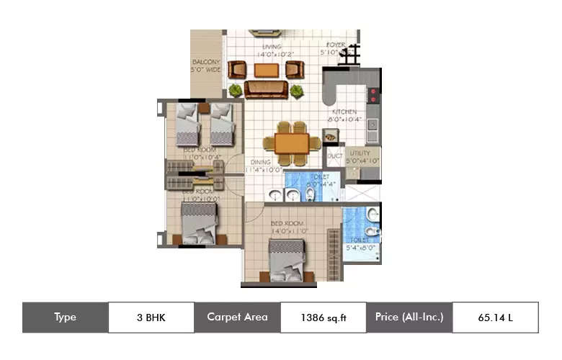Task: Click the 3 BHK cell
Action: pyautogui.click(x=151, y=318)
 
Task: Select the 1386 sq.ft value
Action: pyautogui.click(x=323, y=318)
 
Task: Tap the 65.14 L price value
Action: pyautogui.click(x=494, y=318)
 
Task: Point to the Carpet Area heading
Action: pyautogui.click(x=237, y=318)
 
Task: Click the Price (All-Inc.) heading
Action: pyautogui.click(x=409, y=318)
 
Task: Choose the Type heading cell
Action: pyautogui.click(x=65, y=318)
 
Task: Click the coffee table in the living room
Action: pyautogui.click(x=266, y=70)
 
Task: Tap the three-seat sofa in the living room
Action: pyautogui.click(x=266, y=89)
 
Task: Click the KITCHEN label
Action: pyautogui.click(x=345, y=112)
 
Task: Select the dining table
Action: pyautogui.click(x=292, y=141)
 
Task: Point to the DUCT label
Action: pyautogui.click(x=334, y=156)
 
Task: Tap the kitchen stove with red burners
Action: pyautogui.click(x=374, y=93)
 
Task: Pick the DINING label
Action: pyautogui.click(x=260, y=163)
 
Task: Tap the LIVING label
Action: pyautogui.click(x=271, y=47)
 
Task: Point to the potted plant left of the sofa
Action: pyautogui.click(x=235, y=91)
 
